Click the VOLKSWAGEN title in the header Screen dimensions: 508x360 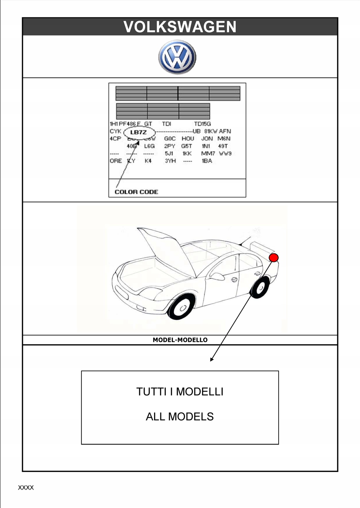click(x=180, y=27)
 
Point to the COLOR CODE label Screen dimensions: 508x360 click(x=136, y=192)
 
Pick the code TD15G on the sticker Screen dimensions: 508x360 click(x=202, y=124)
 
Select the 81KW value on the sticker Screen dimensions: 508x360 click(x=211, y=131)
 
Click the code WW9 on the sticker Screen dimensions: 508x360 click(x=225, y=153)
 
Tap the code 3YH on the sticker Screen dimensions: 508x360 click(x=170, y=161)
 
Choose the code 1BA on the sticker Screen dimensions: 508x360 click(x=207, y=161)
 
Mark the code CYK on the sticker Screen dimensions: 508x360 click(x=116, y=131)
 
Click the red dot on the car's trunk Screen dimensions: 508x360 click(x=274, y=258)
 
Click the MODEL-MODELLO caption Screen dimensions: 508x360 click(x=180, y=340)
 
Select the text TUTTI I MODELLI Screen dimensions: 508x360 click(x=180, y=392)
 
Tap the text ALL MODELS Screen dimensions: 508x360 click(x=180, y=416)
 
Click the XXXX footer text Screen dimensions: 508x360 click(x=26, y=488)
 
